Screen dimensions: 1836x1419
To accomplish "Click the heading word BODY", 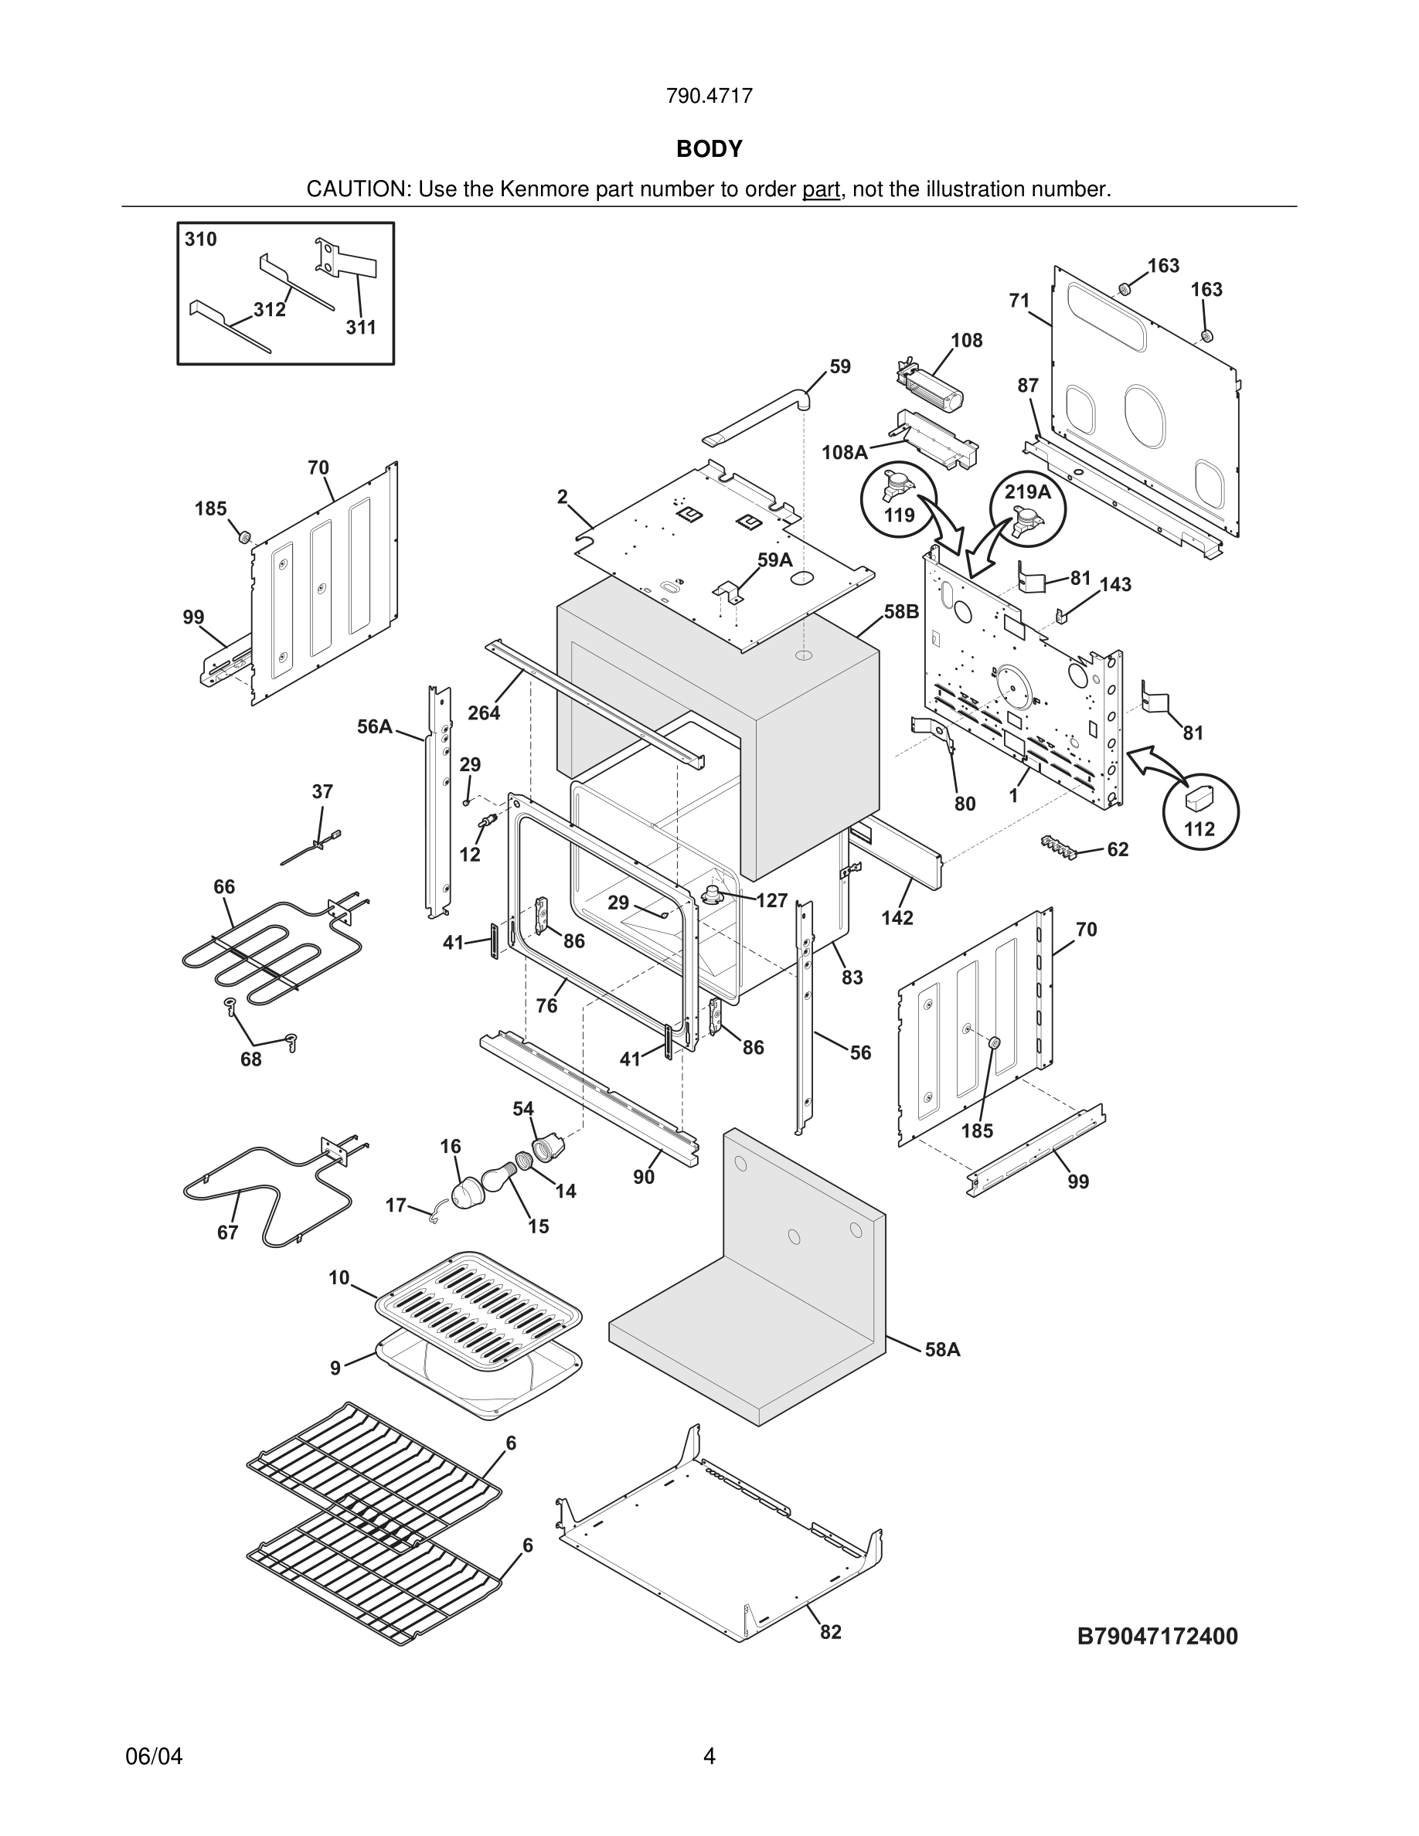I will point(709,149).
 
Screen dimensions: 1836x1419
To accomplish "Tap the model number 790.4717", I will point(709,96).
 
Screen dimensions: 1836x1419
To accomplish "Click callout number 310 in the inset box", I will point(201,240).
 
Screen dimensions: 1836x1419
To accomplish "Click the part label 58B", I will point(901,611).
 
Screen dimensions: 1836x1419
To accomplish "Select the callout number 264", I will point(485,713).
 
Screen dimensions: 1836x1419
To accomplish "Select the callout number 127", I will point(771,900).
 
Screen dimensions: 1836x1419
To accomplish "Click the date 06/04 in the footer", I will point(154,1756).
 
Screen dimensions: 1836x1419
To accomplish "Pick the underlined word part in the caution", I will point(822,190).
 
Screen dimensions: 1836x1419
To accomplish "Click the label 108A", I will point(844,452).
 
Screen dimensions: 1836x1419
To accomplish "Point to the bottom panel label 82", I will point(831,1632).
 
